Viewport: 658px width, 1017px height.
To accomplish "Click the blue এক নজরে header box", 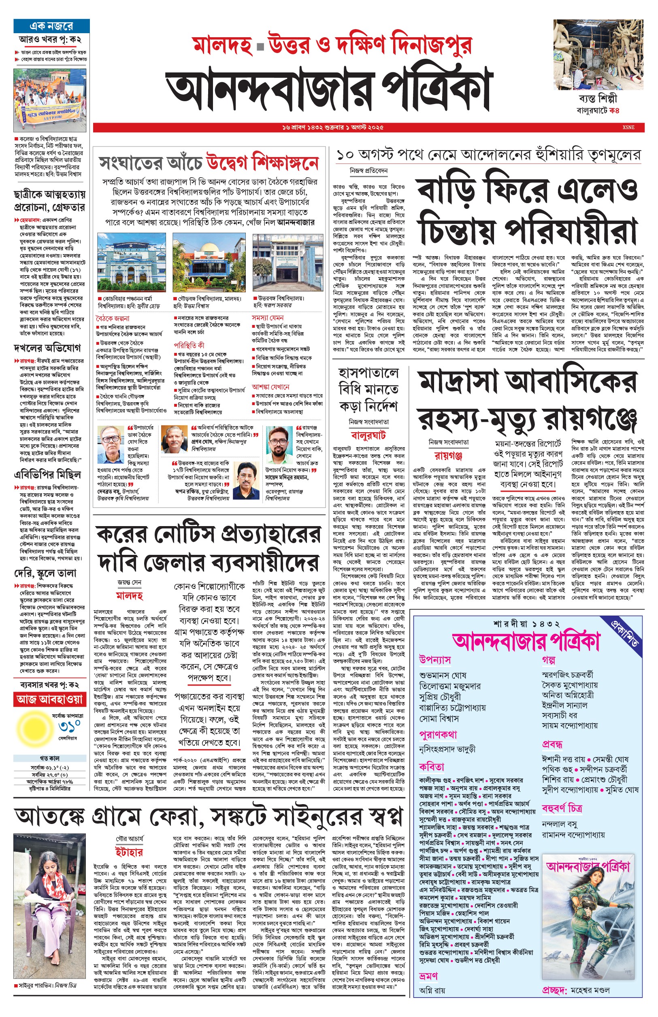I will pyautogui.click(x=51, y=25).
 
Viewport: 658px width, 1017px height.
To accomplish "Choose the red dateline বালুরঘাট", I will pyautogui.click(x=368, y=435).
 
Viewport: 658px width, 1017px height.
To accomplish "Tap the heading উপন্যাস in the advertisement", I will pyautogui.click(x=434, y=660).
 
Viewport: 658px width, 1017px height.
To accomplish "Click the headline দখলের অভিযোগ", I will pyautogui.click(x=47, y=348).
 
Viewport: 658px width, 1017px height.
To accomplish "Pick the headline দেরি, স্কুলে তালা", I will pyautogui.click(x=45, y=573).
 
